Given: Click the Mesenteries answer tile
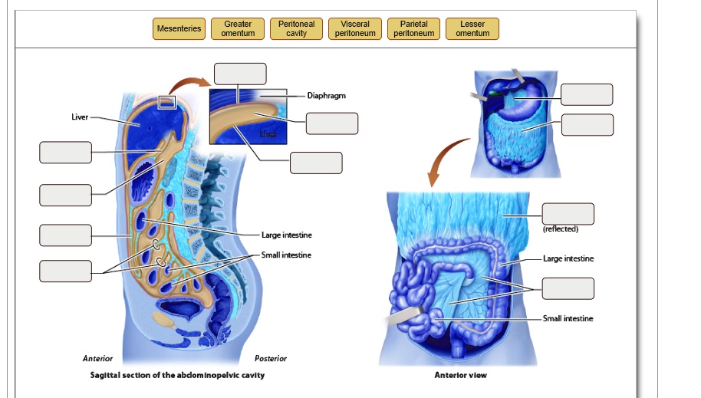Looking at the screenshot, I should (x=179, y=29).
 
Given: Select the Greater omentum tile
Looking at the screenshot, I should (x=238, y=29).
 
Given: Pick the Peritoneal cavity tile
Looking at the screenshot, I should (x=296, y=29).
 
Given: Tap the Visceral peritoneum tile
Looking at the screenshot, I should (x=355, y=29).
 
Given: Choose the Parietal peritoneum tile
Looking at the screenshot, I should (x=414, y=29).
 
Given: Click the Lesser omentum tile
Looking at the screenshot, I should (x=472, y=29).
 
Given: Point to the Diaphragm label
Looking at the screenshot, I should (x=326, y=96).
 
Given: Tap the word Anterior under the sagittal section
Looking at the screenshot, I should (x=97, y=359).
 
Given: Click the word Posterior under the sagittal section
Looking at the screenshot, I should (x=270, y=359).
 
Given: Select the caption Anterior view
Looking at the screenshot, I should (x=460, y=375).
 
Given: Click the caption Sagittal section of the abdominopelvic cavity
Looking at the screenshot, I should (x=177, y=375).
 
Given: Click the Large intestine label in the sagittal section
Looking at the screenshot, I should (x=286, y=235).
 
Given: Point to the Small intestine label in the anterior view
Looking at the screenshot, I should (x=568, y=318).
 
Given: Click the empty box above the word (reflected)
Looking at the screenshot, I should (x=568, y=214).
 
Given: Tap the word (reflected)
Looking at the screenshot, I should (x=560, y=229).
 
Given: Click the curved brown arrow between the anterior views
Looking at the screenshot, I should (x=446, y=162).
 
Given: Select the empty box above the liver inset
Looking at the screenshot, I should (x=240, y=74).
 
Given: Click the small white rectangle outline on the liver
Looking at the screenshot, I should (x=166, y=101).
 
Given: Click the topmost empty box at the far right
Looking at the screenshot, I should (x=587, y=94).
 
